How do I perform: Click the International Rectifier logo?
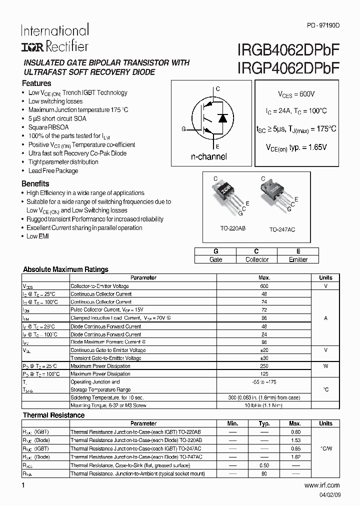pos(54,38)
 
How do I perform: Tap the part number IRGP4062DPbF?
pos(286,68)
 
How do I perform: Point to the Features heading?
pos(36,83)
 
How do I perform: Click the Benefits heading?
pos(35,183)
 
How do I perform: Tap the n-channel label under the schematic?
pos(209,156)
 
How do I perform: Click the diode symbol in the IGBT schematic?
pos(223,118)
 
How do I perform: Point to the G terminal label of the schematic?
pos(183,129)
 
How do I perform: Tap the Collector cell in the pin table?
pos(256,259)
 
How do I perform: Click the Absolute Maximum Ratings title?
pos(65,269)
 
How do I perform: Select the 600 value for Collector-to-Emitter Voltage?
pos(264,286)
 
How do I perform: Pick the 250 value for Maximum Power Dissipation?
pos(264,366)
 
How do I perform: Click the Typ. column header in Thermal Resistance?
pos(264,423)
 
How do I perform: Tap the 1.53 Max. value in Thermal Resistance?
pos(295,440)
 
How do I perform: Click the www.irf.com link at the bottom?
pos(321,485)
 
